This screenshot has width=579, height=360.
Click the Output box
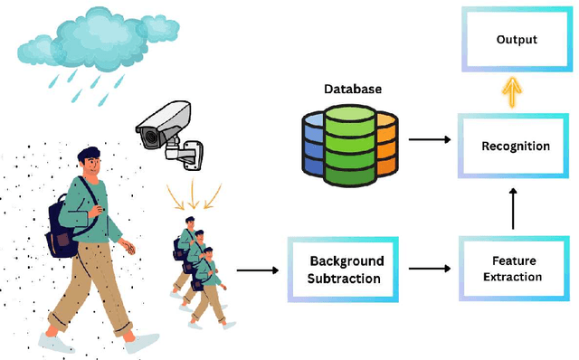[516, 41]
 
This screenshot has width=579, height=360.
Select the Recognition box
[517, 145]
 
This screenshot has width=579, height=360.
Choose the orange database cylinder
[386, 145]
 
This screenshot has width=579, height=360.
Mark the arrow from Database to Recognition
[430, 139]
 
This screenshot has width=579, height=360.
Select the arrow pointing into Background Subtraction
[258, 269]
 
